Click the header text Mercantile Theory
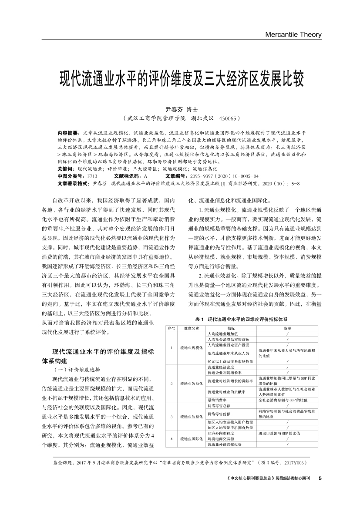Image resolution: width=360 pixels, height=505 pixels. point(293,34)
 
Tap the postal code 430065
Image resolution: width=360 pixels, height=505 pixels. point(225,118)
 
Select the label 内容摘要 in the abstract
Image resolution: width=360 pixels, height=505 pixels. point(67,132)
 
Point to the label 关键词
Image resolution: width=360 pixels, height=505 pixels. point(65,168)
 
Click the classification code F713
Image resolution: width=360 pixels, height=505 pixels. point(92,175)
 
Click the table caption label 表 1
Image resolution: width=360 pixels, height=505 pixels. point(200,320)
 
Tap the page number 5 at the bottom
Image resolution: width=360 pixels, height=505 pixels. point(320,478)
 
